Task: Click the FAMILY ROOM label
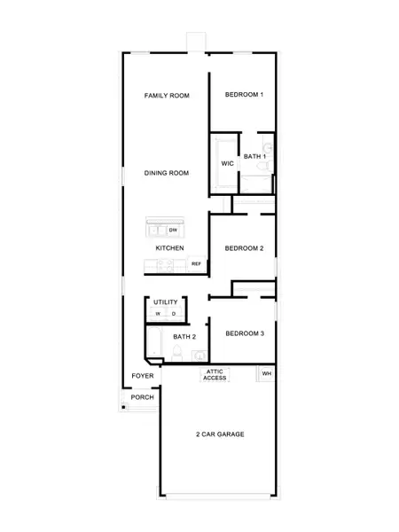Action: click(x=167, y=95)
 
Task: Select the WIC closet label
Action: click(x=227, y=164)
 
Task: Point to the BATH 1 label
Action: click(x=254, y=157)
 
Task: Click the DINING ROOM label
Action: click(x=167, y=173)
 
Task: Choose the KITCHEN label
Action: click(x=169, y=248)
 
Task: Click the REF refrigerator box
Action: click(x=196, y=264)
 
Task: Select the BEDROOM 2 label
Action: click(x=244, y=248)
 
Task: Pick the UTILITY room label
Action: click(x=166, y=302)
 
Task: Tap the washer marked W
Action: click(x=158, y=314)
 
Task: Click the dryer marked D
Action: click(x=174, y=314)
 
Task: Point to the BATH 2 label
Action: click(x=184, y=337)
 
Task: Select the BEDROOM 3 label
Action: click(x=244, y=333)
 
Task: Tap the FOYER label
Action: click(x=143, y=376)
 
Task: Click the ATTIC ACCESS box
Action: click(x=215, y=375)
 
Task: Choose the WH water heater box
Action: click(x=265, y=374)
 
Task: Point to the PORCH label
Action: click(x=143, y=397)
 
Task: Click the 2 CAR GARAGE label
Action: click(x=220, y=434)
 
